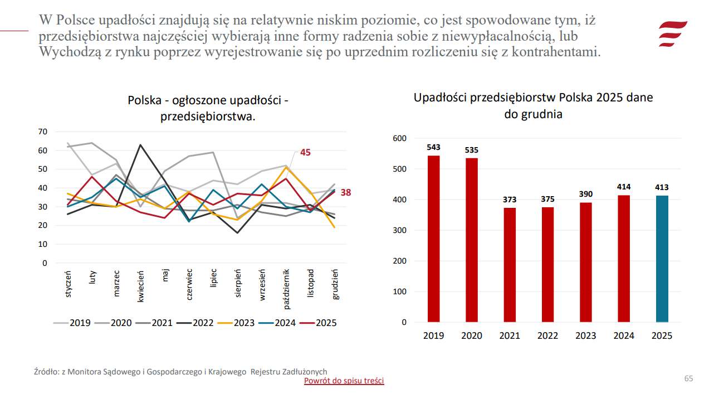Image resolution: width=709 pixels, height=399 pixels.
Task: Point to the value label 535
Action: (x=472, y=150)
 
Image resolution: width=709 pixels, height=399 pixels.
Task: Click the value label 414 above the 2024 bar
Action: (x=624, y=187)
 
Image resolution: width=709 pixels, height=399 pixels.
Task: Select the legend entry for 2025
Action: (x=321, y=323)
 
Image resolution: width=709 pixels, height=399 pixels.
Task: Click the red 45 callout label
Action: (x=305, y=152)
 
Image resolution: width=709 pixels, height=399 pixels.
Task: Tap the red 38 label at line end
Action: (x=345, y=192)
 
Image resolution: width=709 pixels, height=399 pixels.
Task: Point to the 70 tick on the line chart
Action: (x=43, y=132)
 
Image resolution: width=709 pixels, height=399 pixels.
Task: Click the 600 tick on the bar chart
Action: (x=400, y=138)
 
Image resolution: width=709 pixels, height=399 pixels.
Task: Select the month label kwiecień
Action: (x=141, y=286)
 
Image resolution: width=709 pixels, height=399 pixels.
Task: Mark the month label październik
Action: (x=287, y=289)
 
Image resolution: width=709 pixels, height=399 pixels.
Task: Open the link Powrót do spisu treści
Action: (x=344, y=381)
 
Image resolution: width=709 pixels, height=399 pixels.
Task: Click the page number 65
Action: (x=688, y=379)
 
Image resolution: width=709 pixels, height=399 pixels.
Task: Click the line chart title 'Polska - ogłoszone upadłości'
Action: (x=208, y=101)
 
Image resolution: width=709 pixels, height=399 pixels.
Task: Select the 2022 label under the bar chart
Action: (x=547, y=335)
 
